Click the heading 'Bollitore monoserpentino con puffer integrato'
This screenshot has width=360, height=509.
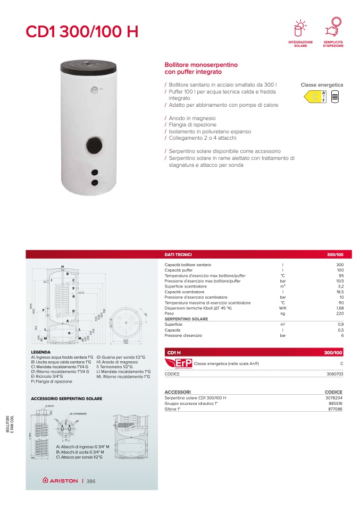(x=201, y=68)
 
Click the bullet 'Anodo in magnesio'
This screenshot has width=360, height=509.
(x=191, y=118)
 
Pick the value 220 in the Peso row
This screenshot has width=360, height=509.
(x=340, y=314)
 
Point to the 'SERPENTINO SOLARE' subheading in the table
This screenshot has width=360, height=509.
(x=186, y=319)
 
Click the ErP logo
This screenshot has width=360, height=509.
(x=179, y=363)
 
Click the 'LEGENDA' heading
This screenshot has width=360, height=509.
(x=41, y=352)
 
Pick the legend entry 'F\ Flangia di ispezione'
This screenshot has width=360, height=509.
(x=52, y=381)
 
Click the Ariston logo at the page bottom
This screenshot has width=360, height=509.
(x=60, y=481)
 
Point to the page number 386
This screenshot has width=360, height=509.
(x=91, y=481)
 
